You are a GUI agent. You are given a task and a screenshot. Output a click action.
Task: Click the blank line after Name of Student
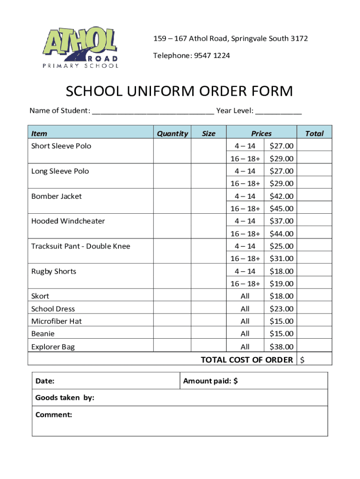(x=153, y=111)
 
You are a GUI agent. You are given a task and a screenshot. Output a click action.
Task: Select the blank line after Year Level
(x=278, y=111)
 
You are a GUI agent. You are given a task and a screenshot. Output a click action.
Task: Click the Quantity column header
(x=172, y=133)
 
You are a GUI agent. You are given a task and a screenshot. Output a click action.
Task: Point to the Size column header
(x=209, y=133)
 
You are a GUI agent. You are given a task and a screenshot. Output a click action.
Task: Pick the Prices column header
(x=261, y=133)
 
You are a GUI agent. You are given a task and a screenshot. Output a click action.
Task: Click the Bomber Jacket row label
(x=56, y=196)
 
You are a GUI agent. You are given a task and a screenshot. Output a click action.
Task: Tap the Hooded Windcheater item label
(x=68, y=221)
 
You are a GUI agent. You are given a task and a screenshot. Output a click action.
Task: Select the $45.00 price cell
(x=281, y=209)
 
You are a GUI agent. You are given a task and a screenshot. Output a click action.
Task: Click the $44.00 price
(x=281, y=233)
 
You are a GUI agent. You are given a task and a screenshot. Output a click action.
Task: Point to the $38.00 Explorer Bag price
(x=281, y=347)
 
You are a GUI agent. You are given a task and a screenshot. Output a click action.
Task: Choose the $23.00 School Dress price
(x=281, y=309)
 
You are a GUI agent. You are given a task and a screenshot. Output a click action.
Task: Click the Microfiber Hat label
(x=56, y=321)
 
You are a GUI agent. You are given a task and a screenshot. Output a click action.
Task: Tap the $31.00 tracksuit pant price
(x=281, y=259)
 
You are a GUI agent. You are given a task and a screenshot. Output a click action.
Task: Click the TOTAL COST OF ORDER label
(x=247, y=360)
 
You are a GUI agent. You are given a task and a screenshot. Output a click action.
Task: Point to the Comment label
(x=53, y=414)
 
